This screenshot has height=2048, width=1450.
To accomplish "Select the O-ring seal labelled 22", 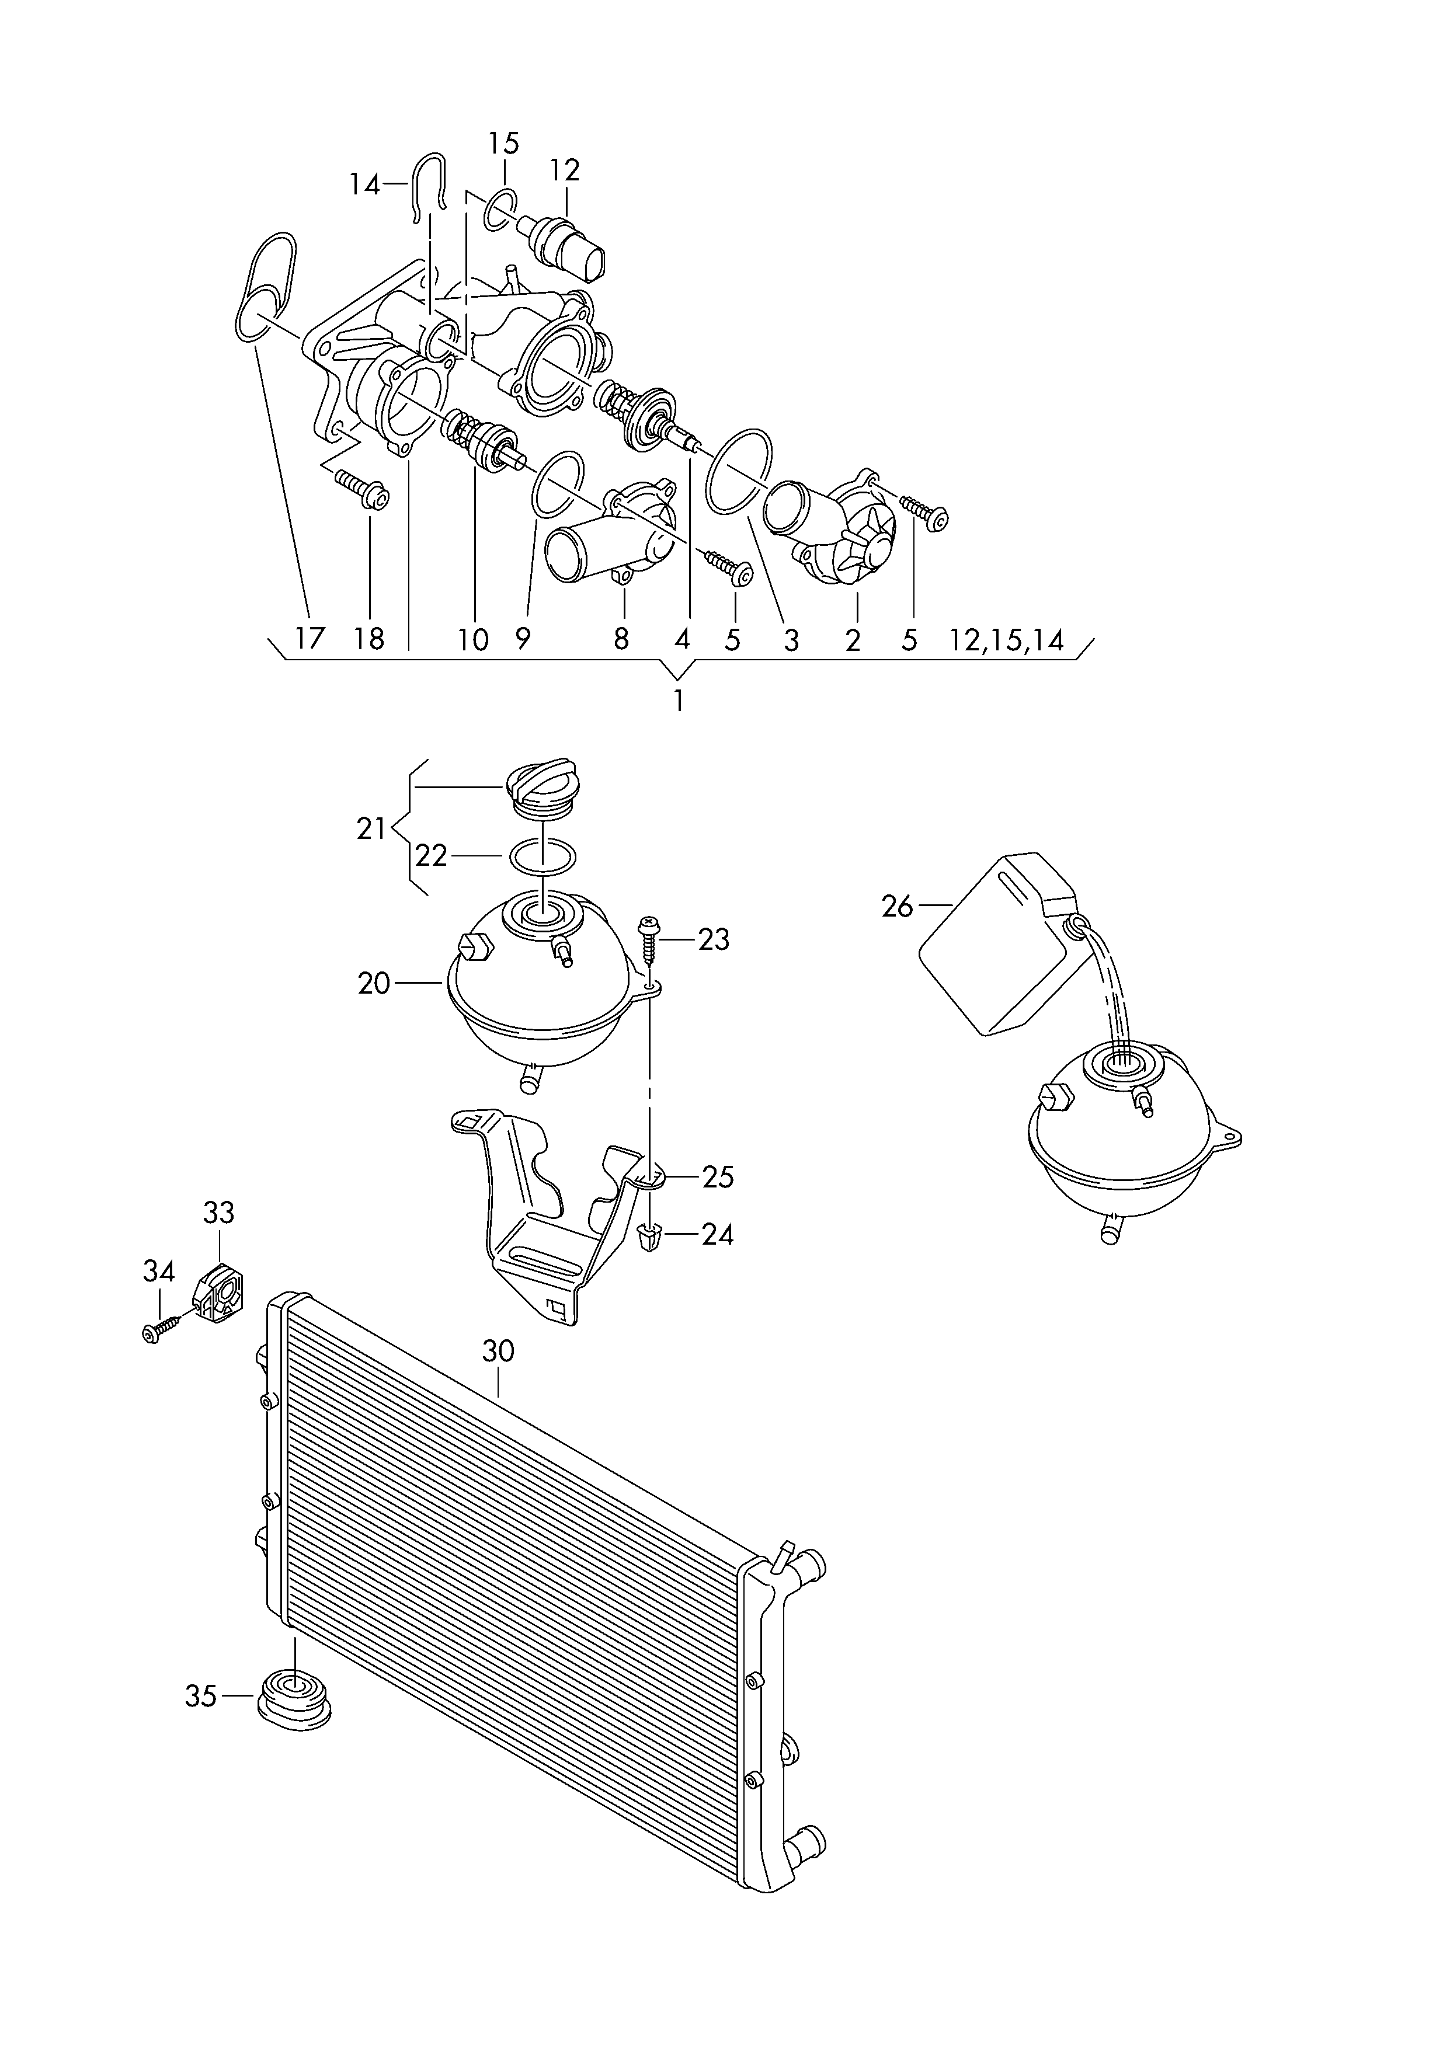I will pos(542,856).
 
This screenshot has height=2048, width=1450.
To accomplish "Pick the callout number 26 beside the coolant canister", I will pos(898,907).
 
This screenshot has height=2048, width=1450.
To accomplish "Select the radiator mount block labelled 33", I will pos(220,1294).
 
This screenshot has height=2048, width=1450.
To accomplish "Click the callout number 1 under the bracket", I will pos(679,701).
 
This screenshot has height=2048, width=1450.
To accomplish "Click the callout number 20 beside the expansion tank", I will pos(374,983).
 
